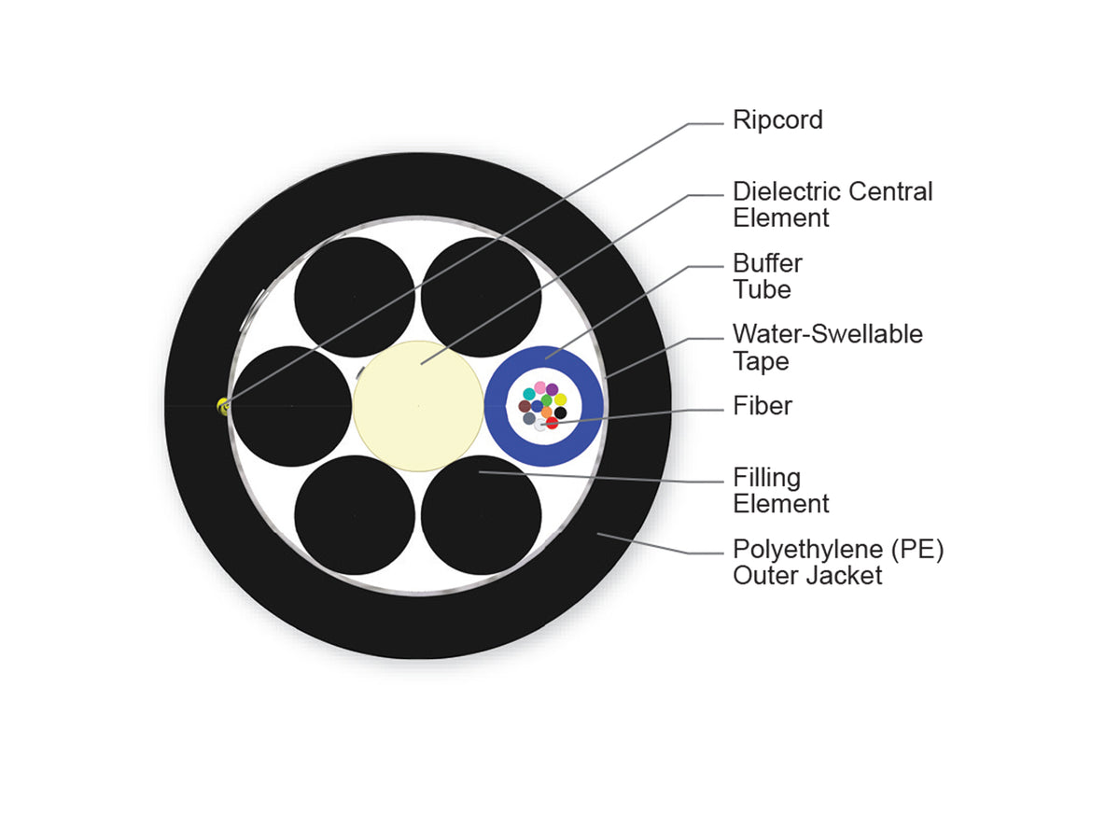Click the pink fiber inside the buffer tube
click(539, 387)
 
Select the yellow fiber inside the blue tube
click(560, 399)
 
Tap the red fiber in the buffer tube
click(553, 423)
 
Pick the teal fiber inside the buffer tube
click(529, 394)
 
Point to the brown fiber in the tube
click(525, 407)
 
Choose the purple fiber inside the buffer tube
click(553, 389)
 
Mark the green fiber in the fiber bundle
click(547, 399)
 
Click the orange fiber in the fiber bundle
click(547, 412)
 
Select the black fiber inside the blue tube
click(560, 413)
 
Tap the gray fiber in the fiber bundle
click(529, 419)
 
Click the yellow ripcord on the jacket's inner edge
click(223, 407)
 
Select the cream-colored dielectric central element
click(418, 406)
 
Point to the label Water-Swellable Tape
click(828, 348)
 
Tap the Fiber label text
click(763, 407)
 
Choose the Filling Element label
click(780, 491)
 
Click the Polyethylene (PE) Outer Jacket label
click(838, 563)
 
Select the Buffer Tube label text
click(767, 276)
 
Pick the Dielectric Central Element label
click(833, 204)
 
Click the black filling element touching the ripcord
click(291, 407)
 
